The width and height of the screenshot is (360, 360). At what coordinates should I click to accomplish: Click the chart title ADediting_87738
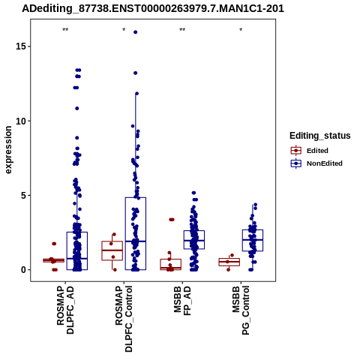(153, 9)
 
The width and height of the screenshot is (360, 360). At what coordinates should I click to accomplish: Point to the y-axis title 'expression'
(8, 150)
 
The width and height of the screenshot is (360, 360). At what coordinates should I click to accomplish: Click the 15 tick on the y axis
(19, 46)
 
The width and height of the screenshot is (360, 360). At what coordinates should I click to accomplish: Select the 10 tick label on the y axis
(19, 121)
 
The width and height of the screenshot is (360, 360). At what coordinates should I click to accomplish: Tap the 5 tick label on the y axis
(23, 195)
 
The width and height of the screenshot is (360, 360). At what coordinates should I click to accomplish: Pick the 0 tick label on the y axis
(23, 270)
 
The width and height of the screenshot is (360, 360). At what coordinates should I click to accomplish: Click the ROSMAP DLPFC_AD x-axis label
(65, 310)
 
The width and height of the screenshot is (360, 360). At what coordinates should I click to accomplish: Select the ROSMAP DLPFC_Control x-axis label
(124, 319)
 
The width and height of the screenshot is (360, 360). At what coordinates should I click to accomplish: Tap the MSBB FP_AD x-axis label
(182, 301)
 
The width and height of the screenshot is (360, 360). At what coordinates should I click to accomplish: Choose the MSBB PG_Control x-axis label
(241, 310)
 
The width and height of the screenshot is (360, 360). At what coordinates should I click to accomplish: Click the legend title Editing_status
(320, 136)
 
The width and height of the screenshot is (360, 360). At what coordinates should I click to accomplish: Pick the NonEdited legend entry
(316, 163)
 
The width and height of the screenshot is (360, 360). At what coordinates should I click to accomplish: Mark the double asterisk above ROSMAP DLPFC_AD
(65, 30)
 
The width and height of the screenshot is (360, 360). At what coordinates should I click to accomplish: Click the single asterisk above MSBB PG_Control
(241, 30)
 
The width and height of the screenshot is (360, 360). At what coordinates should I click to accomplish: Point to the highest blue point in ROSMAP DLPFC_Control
(136, 32)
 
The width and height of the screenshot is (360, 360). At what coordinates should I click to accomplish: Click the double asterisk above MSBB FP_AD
(182, 30)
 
